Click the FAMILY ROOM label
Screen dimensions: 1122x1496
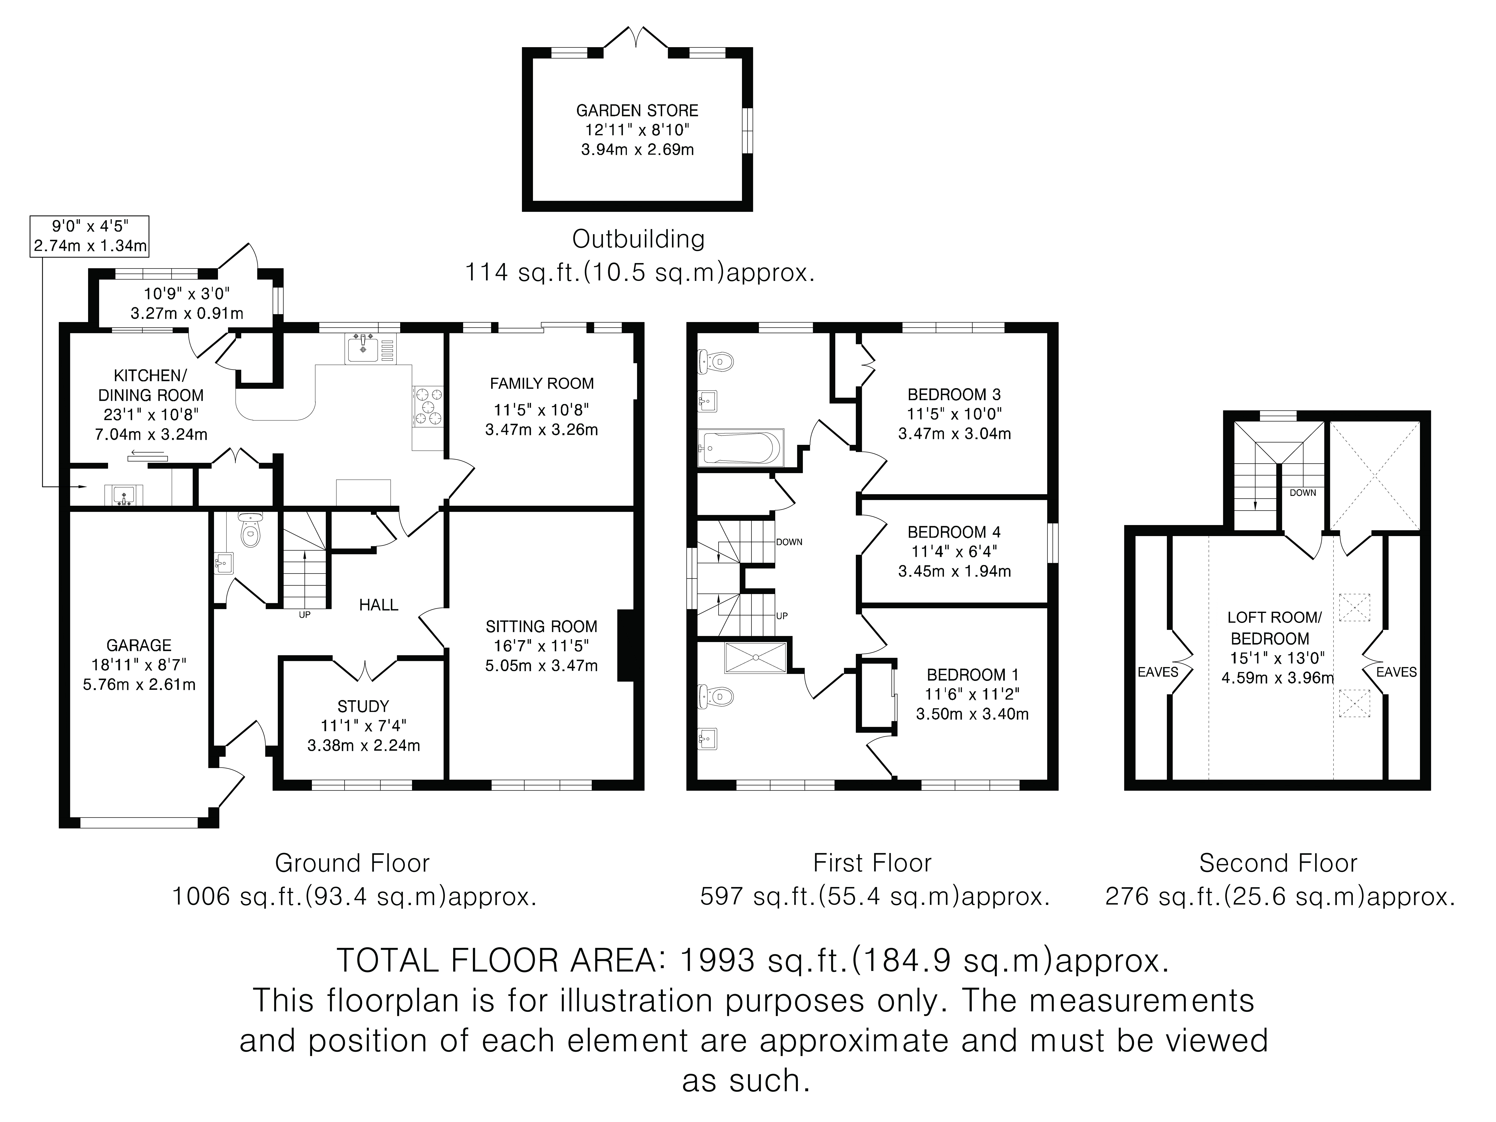(542, 384)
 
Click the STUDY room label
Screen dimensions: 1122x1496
(363, 706)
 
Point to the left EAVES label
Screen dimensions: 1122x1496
(1158, 672)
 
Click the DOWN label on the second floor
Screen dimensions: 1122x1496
(1303, 492)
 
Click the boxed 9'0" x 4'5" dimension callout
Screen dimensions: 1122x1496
(90, 235)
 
